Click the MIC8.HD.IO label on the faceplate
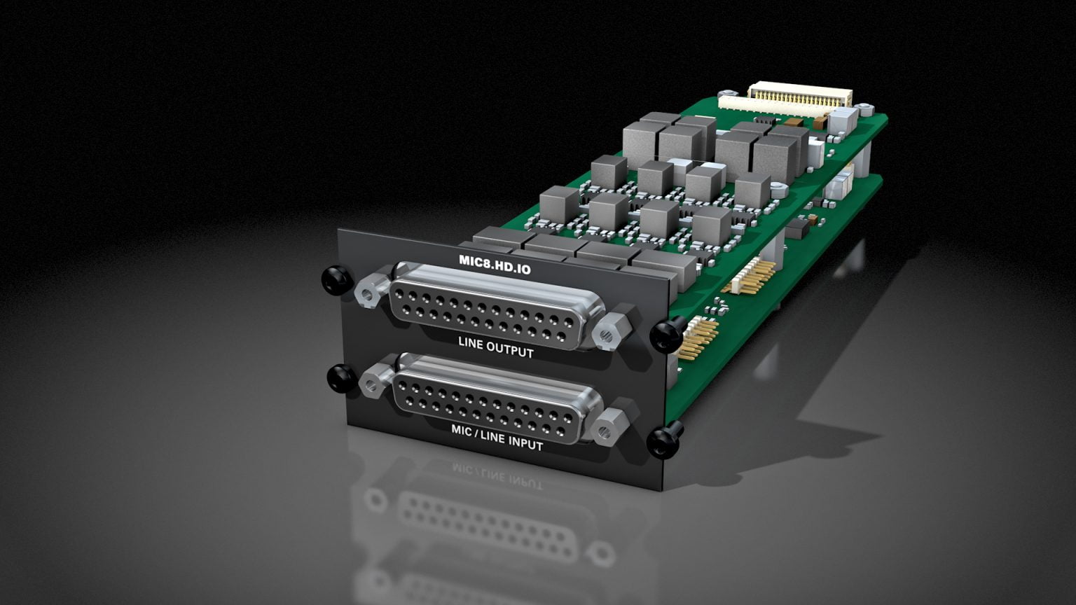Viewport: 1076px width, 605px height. pos(495,263)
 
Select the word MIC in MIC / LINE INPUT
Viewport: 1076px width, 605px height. pos(462,431)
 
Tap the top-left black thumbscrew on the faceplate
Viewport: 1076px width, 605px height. pos(336,279)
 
